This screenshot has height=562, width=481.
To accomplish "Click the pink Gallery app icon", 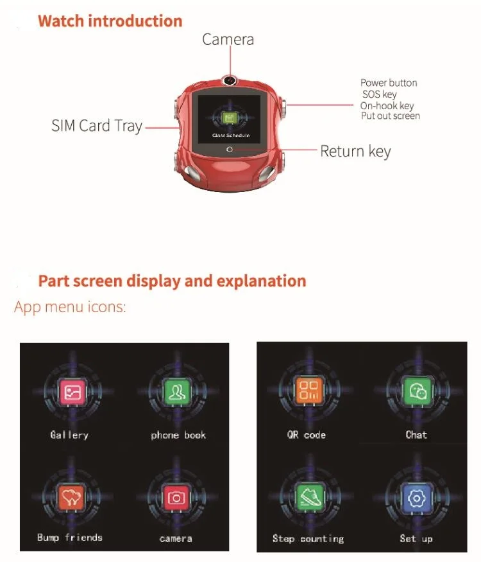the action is (x=72, y=392).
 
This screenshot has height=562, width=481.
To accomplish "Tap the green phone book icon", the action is (x=177, y=391).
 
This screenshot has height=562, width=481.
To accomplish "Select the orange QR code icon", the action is (x=308, y=390).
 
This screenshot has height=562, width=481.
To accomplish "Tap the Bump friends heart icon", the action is (x=71, y=498).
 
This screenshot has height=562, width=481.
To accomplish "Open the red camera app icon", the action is (x=176, y=498).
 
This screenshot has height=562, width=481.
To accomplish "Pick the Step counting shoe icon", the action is (x=309, y=496).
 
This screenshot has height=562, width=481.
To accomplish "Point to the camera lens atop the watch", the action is (x=230, y=80).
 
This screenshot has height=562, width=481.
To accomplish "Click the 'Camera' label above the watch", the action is (x=228, y=39).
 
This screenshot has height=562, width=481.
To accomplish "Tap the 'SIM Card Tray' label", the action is (x=97, y=126).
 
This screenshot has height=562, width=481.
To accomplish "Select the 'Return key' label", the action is (x=355, y=152).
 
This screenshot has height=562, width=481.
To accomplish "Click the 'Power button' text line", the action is (x=389, y=83).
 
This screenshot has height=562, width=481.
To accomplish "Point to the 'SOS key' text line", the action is (x=380, y=94).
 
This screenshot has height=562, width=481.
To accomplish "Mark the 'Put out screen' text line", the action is (x=391, y=116).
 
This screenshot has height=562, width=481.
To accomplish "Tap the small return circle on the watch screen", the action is (x=230, y=149).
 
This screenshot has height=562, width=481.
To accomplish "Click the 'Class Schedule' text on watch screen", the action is (x=231, y=135).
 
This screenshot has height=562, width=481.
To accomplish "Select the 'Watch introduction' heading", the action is (x=110, y=21).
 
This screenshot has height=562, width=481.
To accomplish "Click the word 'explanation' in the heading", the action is (x=261, y=282).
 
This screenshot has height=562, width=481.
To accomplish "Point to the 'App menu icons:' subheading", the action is (x=70, y=308).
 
